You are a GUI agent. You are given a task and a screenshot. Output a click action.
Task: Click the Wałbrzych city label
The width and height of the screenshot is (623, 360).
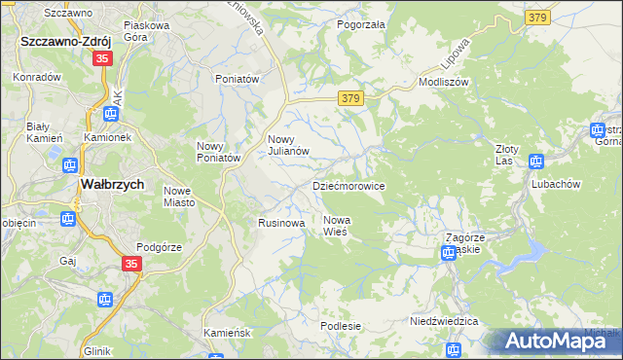[112, 185]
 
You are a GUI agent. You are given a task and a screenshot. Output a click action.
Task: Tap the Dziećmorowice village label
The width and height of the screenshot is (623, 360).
[348, 185]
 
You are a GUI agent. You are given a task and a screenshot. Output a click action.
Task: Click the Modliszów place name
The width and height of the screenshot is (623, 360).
[444, 83]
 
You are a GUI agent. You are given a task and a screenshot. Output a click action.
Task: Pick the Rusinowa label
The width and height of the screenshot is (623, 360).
[281, 223]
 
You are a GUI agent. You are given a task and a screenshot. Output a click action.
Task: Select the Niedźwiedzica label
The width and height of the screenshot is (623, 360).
[444, 320]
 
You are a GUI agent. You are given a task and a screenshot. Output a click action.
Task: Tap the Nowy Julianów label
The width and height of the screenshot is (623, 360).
[288, 145]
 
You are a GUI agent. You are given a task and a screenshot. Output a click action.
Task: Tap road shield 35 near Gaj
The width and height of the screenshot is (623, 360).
[132, 264]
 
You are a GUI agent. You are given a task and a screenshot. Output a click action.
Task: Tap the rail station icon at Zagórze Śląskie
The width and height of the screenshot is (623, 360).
[449, 253]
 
